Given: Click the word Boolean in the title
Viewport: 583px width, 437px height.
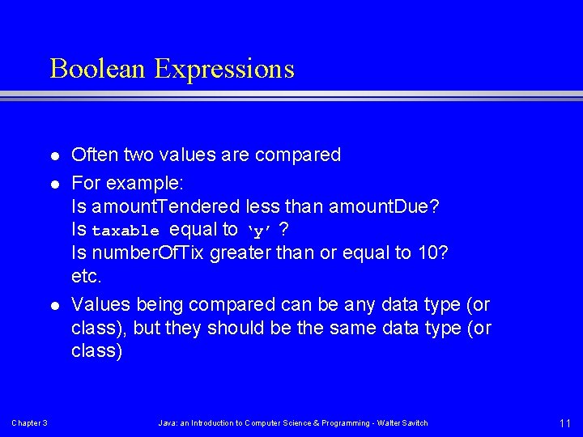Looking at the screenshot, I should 98,69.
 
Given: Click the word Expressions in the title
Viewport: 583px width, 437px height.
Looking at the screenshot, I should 224,70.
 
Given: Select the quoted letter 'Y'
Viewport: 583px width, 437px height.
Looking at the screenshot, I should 258,231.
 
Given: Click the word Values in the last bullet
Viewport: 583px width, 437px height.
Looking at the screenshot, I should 101,305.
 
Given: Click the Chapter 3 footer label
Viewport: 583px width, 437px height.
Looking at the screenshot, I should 29,423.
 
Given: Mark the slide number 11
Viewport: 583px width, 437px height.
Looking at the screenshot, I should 564,422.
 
